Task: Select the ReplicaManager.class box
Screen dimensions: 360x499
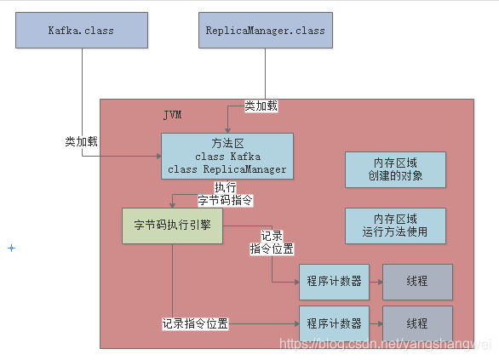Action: tap(265, 31)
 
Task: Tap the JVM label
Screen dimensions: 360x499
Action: tap(172, 114)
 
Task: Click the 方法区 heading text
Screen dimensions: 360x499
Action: tap(227, 143)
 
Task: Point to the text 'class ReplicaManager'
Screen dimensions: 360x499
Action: tap(227, 169)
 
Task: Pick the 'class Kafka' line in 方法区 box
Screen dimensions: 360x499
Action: tap(227, 156)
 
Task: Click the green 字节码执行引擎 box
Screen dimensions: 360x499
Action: tap(173, 226)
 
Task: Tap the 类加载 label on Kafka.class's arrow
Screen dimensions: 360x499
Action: tap(82, 141)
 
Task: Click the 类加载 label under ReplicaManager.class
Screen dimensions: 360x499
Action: tap(261, 106)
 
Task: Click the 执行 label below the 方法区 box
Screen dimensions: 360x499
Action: tap(226, 187)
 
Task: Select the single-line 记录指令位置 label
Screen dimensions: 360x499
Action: tap(195, 324)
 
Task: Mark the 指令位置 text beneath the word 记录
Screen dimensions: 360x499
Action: tap(272, 249)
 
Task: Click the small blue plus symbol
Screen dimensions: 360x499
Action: tap(11, 248)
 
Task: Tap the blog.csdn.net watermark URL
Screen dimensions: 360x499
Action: tap(387, 344)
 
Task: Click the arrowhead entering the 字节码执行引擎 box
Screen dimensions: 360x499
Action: tap(173, 204)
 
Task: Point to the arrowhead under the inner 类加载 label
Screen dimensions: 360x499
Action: tap(227, 129)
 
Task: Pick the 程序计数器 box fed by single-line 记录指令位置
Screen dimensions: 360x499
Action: tap(334, 323)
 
